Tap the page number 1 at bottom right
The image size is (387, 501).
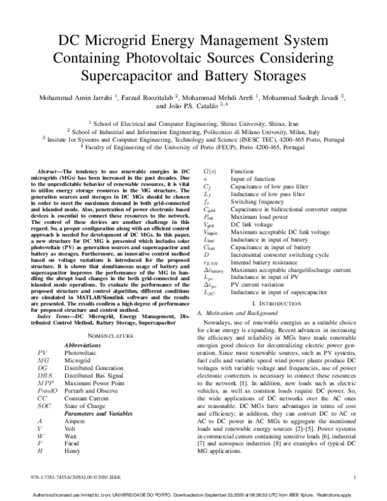click(355, 478)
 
